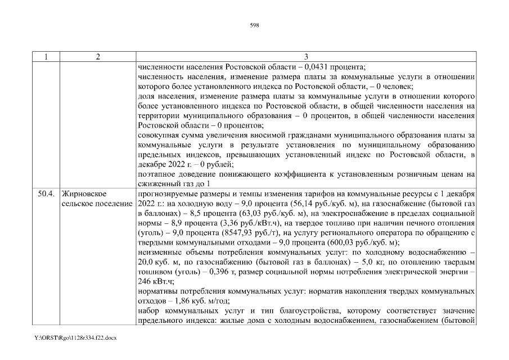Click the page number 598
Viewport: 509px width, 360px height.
click(x=254, y=25)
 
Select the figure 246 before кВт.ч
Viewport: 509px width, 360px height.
click(x=144, y=281)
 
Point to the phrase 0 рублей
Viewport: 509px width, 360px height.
click(x=218, y=165)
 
